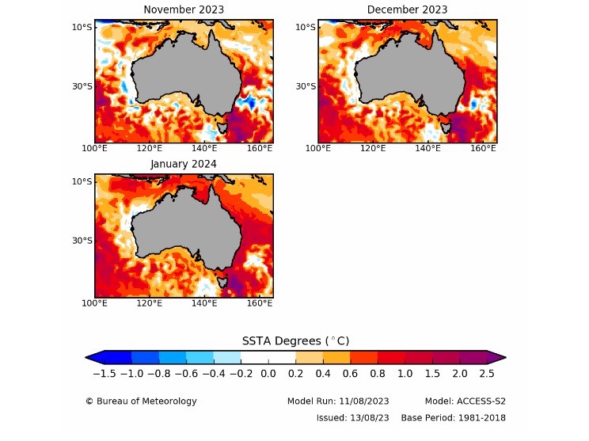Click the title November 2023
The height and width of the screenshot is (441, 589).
point(183,10)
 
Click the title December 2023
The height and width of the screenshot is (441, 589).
point(407,10)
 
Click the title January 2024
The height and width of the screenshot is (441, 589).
point(184,164)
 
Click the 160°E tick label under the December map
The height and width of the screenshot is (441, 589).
point(484,148)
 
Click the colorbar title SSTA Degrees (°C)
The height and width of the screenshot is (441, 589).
point(295,340)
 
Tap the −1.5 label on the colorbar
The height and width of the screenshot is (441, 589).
point(104,373)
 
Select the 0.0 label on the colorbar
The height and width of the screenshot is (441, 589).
point(268,373)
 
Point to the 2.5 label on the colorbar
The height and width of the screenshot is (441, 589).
point(488,373)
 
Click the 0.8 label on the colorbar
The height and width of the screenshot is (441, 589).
point(378,373)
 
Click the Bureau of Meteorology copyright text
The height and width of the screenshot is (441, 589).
point(141,401)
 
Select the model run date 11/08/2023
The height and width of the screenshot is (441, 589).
point(361,401)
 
